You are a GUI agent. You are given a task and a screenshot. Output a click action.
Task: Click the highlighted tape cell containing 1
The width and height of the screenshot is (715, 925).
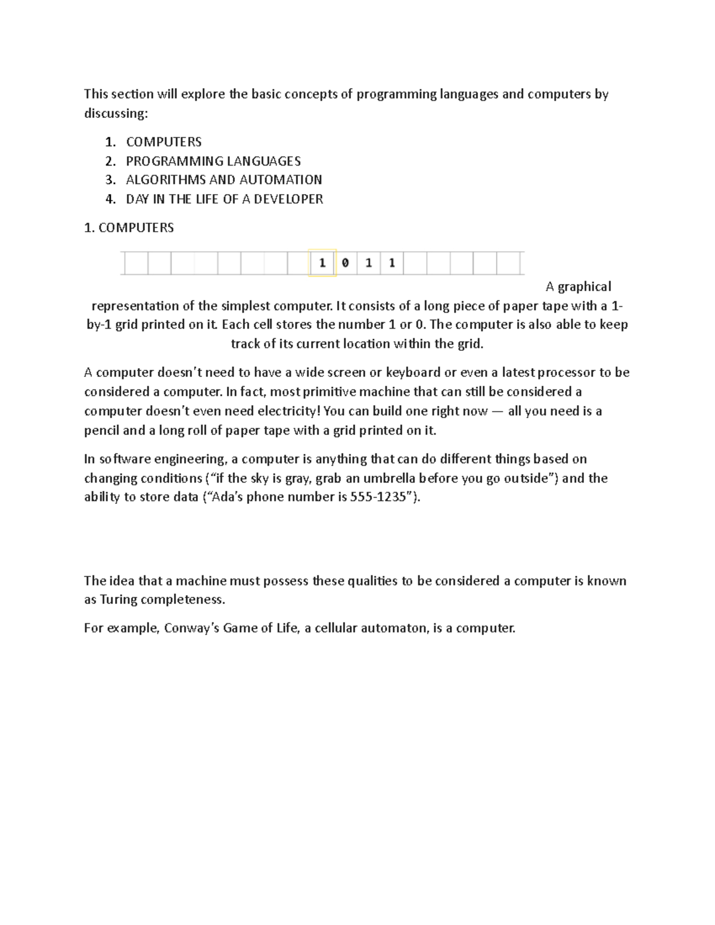322,263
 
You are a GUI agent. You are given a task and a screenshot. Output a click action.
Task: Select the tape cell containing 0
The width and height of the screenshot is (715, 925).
346,263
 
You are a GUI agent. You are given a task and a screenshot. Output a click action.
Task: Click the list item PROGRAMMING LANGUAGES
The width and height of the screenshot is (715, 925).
213,161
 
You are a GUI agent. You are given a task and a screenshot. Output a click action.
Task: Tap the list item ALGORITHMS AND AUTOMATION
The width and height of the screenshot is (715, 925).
224,180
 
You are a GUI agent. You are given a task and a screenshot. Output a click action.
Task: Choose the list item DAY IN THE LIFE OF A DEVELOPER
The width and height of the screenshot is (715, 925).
225,199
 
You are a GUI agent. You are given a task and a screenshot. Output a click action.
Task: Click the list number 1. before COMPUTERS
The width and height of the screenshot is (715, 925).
110,142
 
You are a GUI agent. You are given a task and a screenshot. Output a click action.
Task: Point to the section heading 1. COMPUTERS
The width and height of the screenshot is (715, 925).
129,228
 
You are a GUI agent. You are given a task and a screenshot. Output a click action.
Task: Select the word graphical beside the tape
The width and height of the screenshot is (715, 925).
585,286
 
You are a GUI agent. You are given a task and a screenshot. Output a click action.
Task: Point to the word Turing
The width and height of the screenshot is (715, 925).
119,599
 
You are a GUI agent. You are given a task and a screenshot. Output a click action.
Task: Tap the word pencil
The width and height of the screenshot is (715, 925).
101,430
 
